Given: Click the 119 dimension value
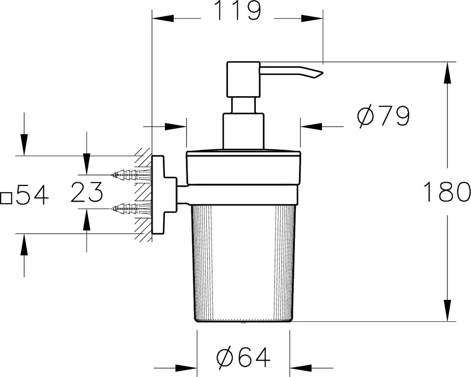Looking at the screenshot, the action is (x=237, y=11).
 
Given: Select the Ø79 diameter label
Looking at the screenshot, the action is (x=383, y=116).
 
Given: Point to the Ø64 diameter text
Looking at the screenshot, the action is (x=244, y=357).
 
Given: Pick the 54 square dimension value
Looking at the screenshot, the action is (x=32, y=195).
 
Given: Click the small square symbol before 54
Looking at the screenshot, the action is (x=6, y=198).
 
